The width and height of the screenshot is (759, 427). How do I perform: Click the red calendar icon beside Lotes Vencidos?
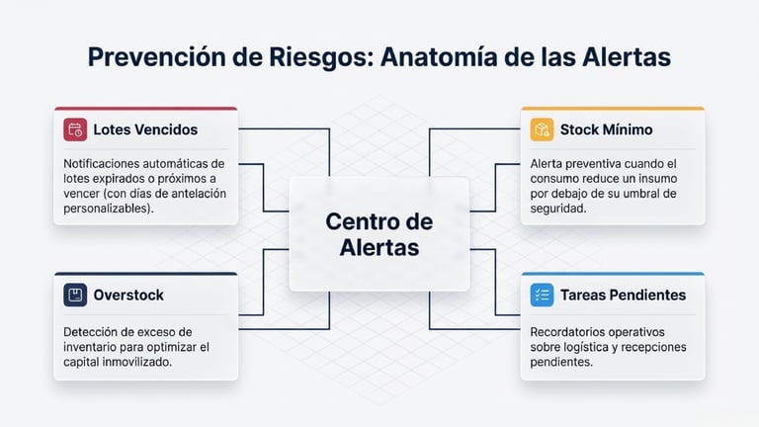[x=75, y=129]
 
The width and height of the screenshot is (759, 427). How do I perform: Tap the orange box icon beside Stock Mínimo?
[x=542, y=129]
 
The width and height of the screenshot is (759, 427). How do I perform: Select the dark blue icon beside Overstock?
[x=75, y=295]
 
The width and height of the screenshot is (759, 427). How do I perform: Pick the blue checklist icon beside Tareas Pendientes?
[x=542, y=295]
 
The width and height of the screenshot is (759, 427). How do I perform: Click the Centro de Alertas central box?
[x=379, y=234]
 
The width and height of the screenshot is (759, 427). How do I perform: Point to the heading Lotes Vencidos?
[x=145, y=129]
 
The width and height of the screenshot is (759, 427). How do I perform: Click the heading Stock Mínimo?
[x=606, y=129]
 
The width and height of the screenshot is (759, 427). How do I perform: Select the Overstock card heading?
[x=128, y=295]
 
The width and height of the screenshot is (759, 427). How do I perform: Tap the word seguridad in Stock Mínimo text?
[x=560, y=210]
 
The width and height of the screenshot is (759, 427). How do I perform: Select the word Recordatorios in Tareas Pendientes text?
[x=571, y=332]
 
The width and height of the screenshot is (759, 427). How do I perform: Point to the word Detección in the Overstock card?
[x=92, y=332]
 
